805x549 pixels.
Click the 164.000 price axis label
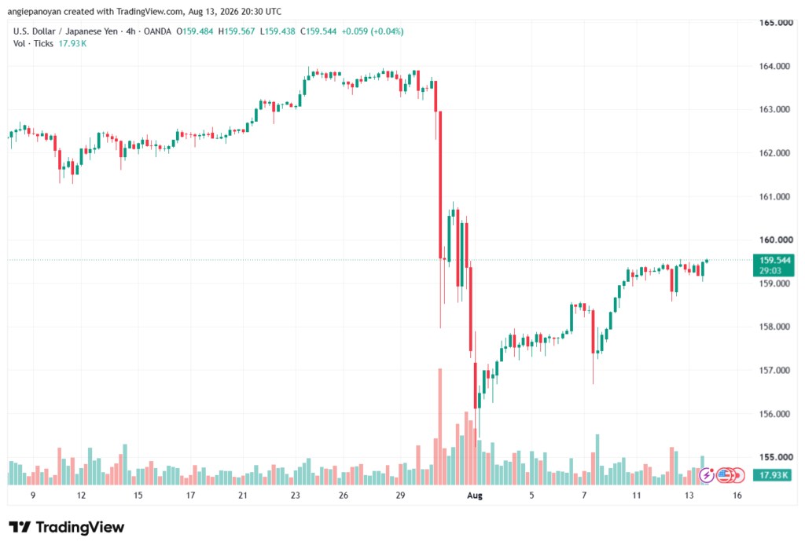coord(774,66)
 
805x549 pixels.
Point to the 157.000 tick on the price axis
coord(774,371)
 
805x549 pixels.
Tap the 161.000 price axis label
coord(774,196)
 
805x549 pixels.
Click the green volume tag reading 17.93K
coord(774,475)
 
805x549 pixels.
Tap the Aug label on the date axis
coord(475,496)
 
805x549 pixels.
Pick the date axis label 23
coord(296,496)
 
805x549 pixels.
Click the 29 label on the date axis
coord(400,496)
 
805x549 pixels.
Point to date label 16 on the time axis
coord(737,496)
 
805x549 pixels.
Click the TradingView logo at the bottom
coord(67,528)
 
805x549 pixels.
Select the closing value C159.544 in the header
coord(318,31)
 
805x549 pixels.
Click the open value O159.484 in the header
coord(195,31)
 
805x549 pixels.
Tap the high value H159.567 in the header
coord(236,31)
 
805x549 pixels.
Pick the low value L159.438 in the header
coord(278,31)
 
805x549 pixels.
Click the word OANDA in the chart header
coord(157,31)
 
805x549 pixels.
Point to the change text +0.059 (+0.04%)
coord(373,31)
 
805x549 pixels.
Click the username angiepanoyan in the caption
coord(35,11)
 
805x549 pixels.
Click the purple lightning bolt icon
coord(707,475)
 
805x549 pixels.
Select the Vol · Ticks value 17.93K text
coord(72,44)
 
